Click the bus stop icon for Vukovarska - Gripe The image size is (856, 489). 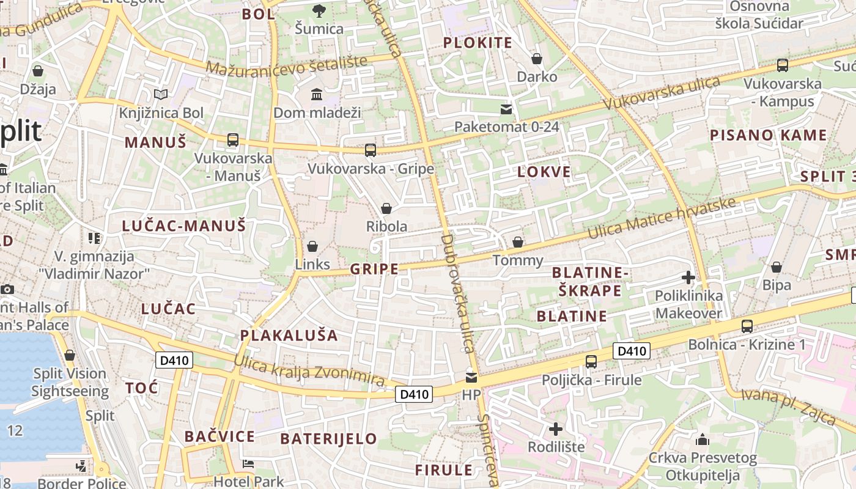(370, 150)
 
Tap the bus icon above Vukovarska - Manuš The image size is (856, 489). (232, 140)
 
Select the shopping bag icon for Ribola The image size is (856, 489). (386, 208)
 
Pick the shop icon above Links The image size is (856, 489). (312, 246)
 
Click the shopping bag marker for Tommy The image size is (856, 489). (518, 242)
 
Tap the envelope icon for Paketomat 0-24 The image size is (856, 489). (506, 109)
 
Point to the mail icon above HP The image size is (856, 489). (471, 377)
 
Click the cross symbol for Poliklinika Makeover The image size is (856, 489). (688, 278)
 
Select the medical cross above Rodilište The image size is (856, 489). (556, 429)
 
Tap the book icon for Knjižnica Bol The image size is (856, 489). (161, 95)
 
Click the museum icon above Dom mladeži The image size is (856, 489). (317, 95)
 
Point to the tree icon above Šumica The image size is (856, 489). (319, 10)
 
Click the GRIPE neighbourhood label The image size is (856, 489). (374, 269)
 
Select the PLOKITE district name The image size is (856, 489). (478, 43)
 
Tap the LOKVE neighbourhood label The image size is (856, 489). (544, 172)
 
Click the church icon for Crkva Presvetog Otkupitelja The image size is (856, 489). (703, 439)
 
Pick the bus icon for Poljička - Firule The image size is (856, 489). (591, 361)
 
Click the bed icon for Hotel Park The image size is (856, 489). (248, 464)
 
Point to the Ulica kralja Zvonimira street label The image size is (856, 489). (309, 369)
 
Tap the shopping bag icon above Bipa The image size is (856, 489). (777, 267)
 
